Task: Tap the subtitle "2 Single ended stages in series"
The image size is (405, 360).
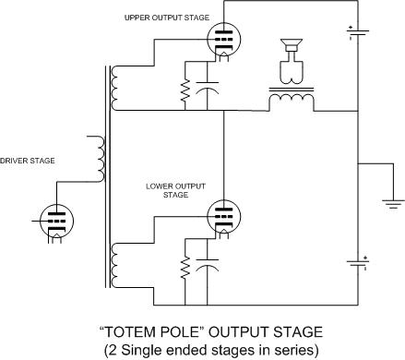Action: [x=201, y=348]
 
